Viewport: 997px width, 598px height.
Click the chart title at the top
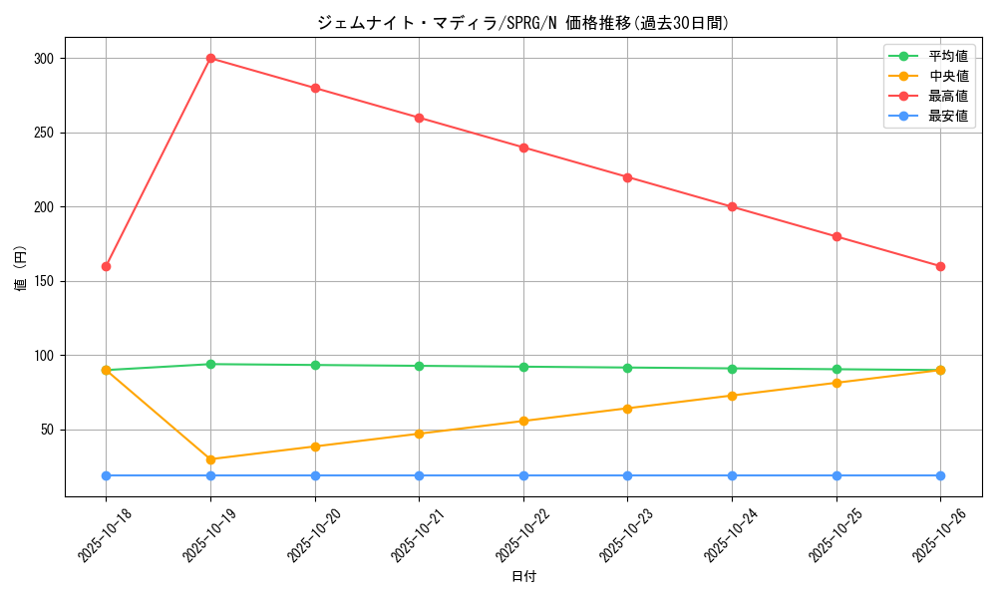pos(522,23)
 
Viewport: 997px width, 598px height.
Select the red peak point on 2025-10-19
pos(210,58)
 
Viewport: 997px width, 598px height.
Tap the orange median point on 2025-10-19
pos(210,459)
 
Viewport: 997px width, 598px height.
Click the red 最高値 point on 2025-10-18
pos(106,266)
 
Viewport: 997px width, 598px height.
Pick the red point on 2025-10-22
pos(523,148)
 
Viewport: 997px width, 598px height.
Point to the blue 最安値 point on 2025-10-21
pos(419,475)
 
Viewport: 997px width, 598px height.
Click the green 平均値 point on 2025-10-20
pos(315,365)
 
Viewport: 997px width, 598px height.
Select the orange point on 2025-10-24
pos(732,396)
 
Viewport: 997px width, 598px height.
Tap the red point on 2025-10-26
pos(940,266)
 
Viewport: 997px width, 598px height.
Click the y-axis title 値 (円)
pos(21,269)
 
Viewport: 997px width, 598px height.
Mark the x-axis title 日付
pos(523,577)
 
